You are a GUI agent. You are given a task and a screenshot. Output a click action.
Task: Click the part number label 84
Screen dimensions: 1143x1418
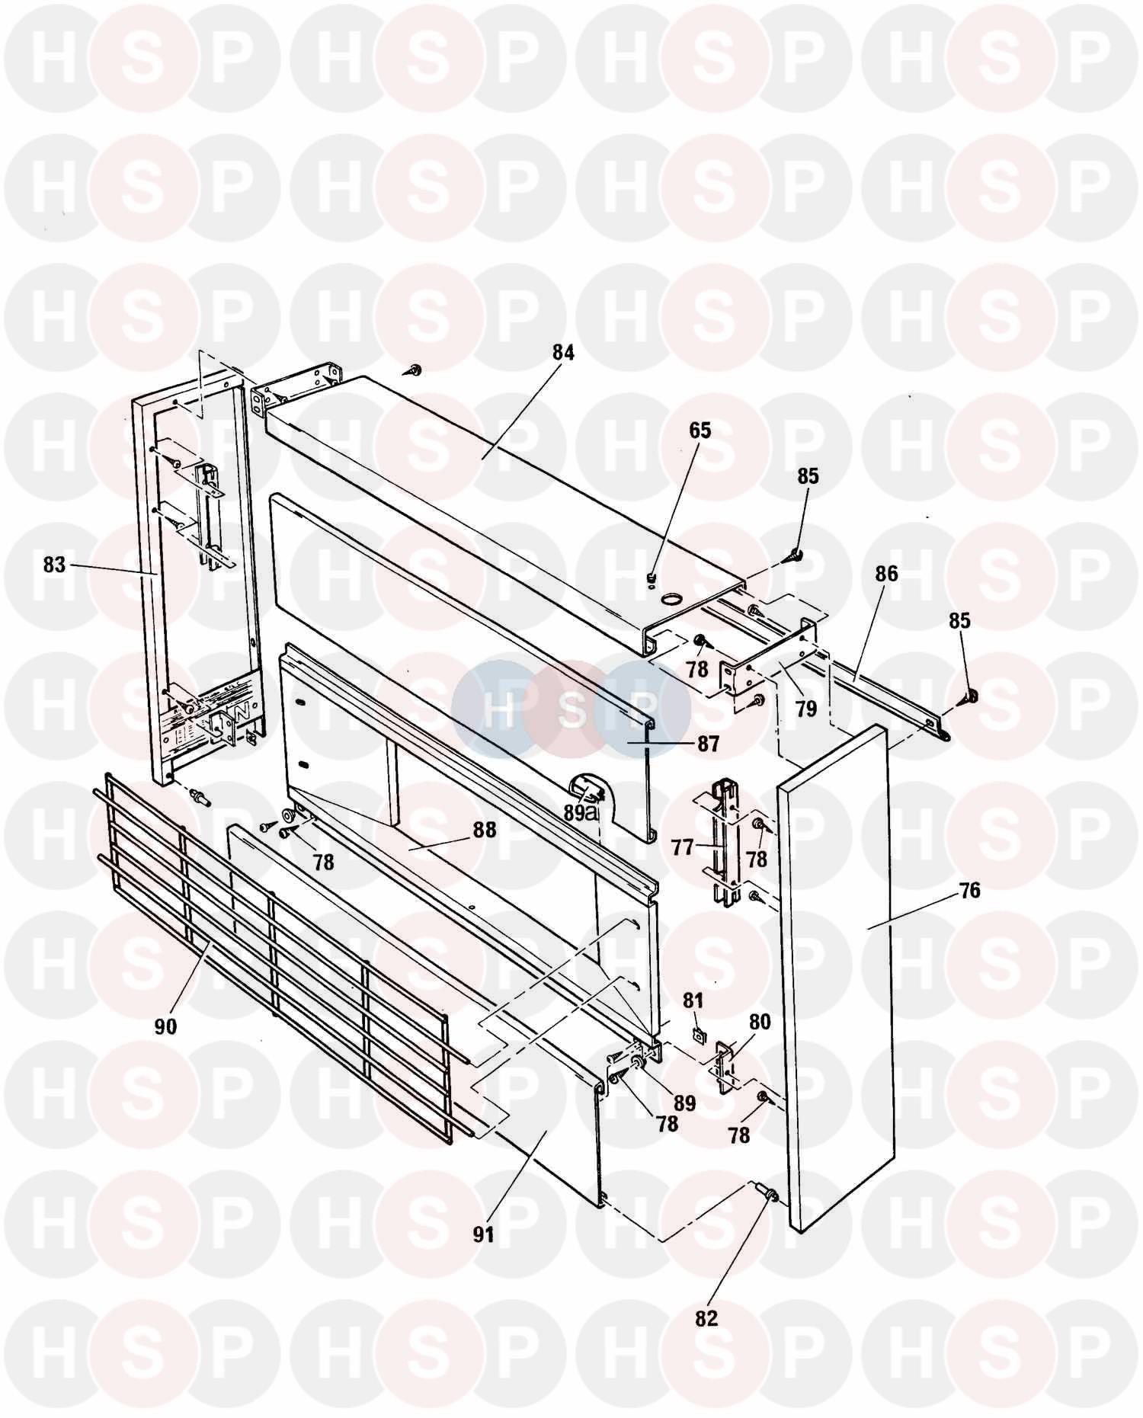tap(564, 354)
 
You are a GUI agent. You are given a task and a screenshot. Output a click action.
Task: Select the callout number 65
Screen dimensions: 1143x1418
tap(700, 431)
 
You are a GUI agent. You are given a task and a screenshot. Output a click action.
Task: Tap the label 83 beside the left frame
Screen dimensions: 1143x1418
tap(54, 565)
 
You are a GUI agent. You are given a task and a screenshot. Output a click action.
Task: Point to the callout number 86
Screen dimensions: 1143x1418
tap(886, 574)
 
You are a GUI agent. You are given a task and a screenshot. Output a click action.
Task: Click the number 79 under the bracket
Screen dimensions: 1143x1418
tap(805, 709)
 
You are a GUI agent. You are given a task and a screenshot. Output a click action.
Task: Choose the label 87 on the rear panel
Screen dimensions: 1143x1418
tap(708, 744)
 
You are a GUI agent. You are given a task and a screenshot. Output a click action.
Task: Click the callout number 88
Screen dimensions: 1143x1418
tap(483, 829)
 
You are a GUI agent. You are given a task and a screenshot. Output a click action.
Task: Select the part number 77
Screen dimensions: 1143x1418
tap(684, 847)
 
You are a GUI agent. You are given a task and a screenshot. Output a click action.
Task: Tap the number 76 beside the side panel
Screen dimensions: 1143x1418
tap(969, 890)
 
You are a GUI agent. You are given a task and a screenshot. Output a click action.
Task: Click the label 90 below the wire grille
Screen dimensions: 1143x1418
tap(165, 1026)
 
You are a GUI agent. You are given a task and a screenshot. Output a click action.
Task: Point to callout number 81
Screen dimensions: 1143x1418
tap(693, 1000)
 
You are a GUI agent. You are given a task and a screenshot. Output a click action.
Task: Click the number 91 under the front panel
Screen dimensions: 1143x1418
tap(483, 1234)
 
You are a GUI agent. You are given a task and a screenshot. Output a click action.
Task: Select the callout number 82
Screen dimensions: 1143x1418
tap(706, 1318)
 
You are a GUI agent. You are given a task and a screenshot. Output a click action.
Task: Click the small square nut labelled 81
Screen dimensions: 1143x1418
tap(696, 1034)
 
